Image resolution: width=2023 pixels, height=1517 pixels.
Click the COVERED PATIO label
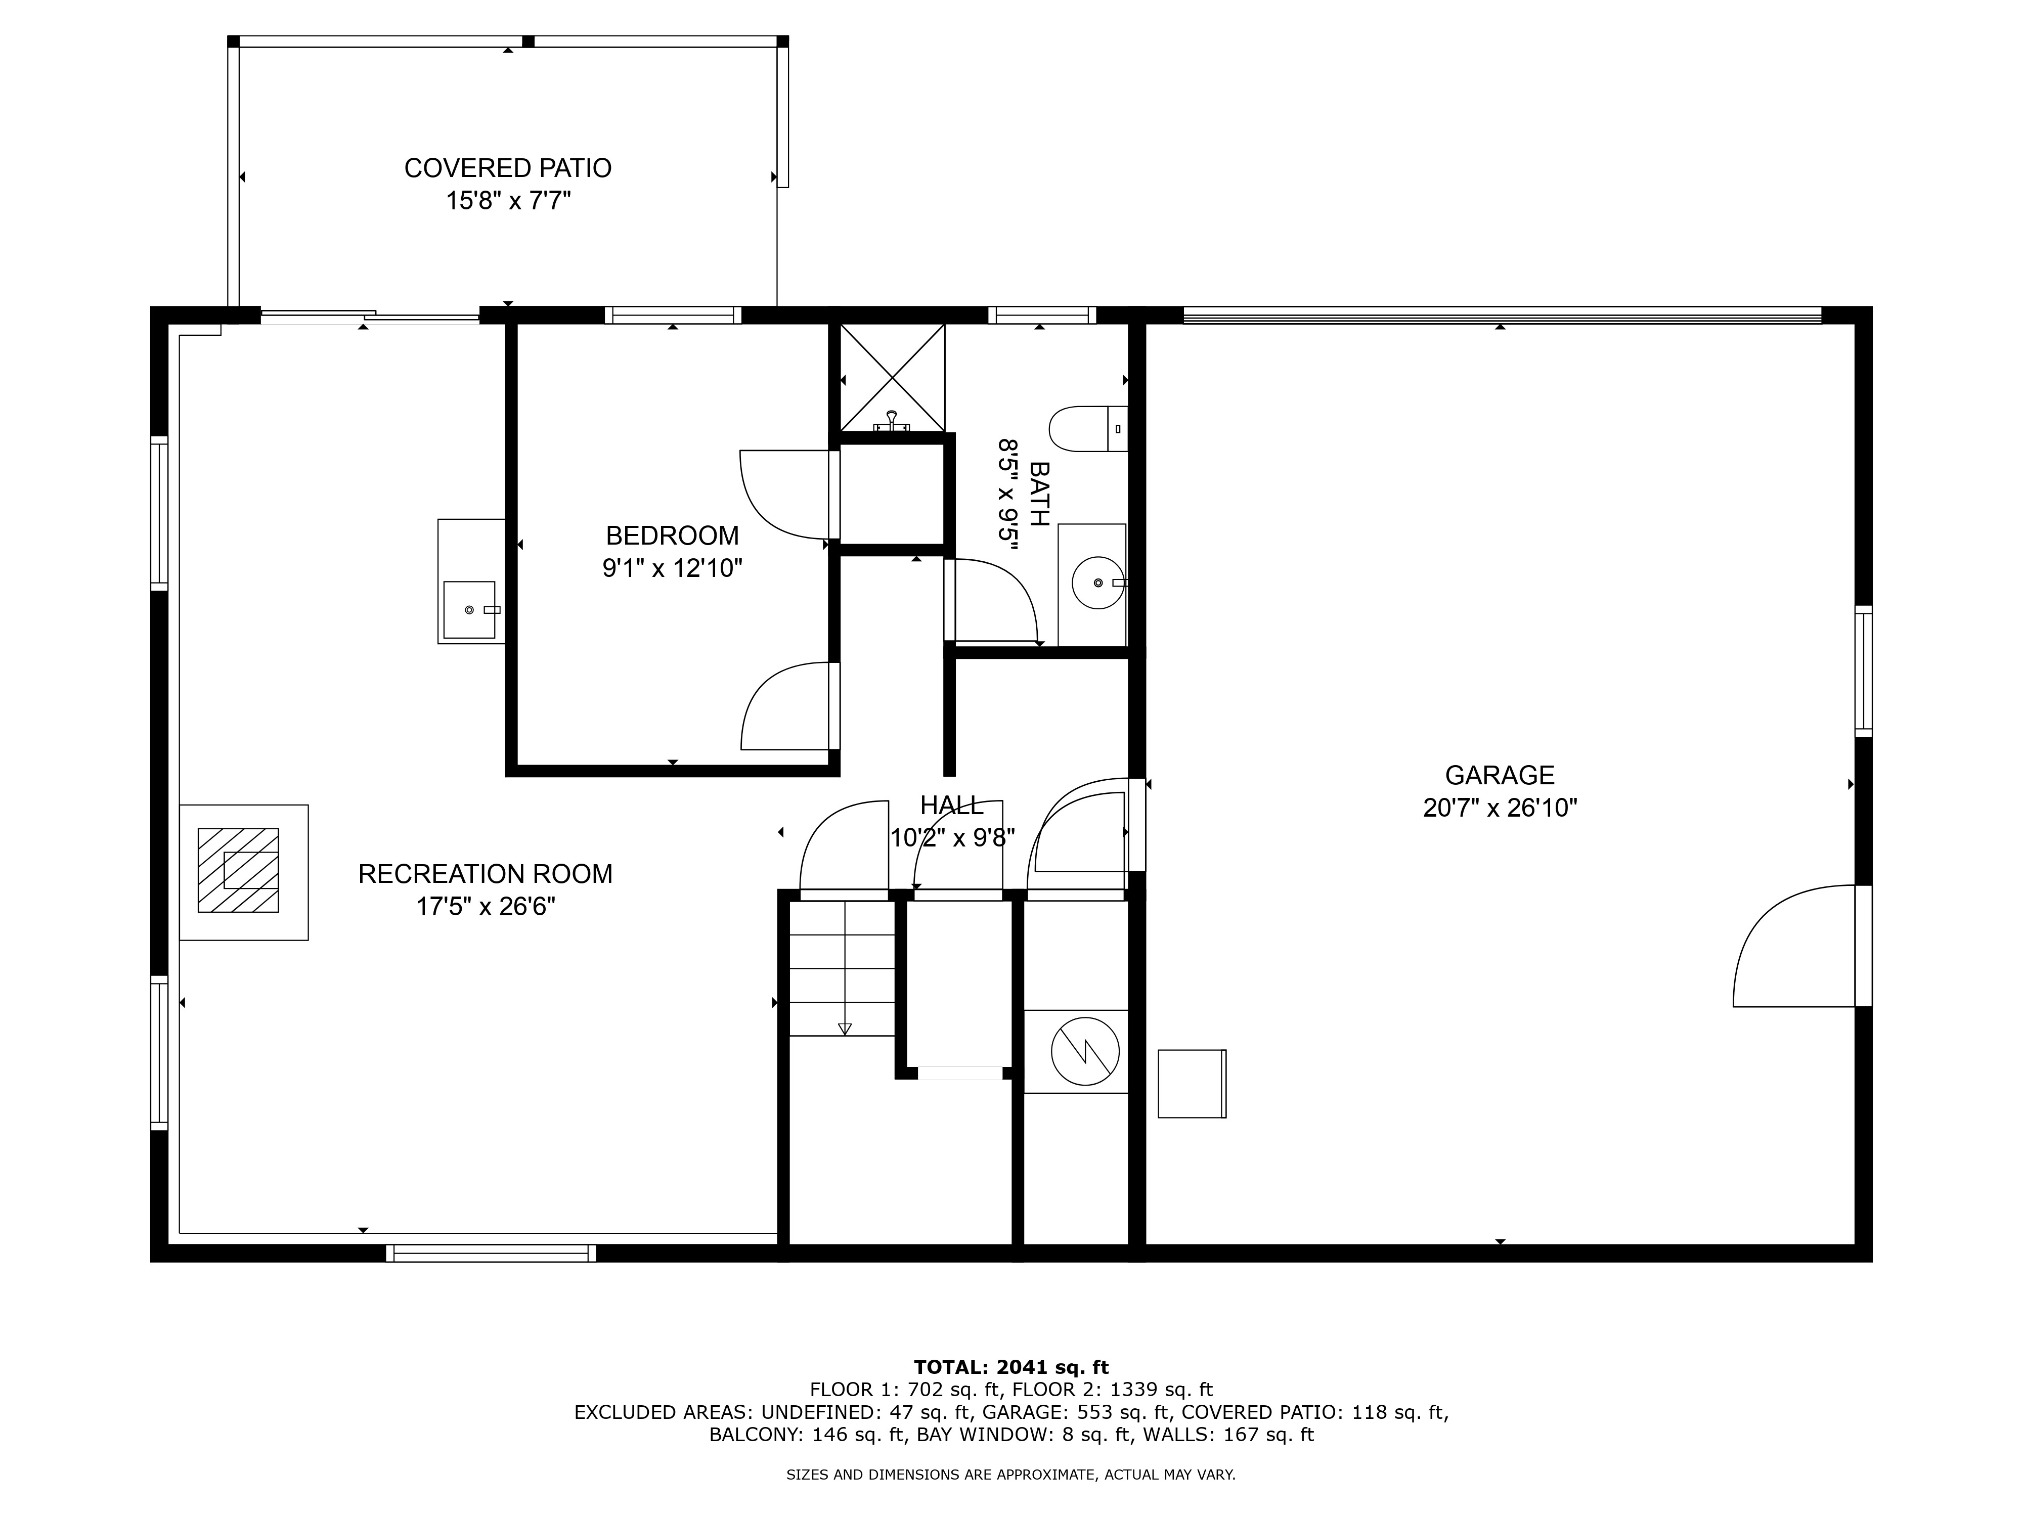(x=508, y=168)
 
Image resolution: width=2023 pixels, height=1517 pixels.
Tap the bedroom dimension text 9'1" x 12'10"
(x=672, y=569)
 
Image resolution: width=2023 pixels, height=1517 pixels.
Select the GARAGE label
(x=1500, y=775)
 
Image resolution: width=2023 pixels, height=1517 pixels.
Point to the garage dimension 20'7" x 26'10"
(x=1500, y=809)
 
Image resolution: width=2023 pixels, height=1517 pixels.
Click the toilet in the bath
(x=1088, y=429)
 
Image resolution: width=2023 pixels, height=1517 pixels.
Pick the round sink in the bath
(x=1098, y=583)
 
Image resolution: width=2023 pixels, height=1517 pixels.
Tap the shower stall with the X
(x=892, y=377)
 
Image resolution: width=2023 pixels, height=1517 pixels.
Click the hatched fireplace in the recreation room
(x=239, y=871)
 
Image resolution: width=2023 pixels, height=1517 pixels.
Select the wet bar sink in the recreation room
(x=469, y=610)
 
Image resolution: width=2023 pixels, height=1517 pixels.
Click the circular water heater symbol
(x=1085, y=1052)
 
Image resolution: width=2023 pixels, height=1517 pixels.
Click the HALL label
(x=952, y=806)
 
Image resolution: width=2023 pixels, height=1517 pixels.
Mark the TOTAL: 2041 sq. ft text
(x=1012, y=1367)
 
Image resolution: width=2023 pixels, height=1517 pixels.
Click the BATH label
(x=1039, y=494)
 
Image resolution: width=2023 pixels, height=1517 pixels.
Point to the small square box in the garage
(x=1192, y=1084)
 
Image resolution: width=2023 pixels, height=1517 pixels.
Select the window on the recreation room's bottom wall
(x=491, y=1254)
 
